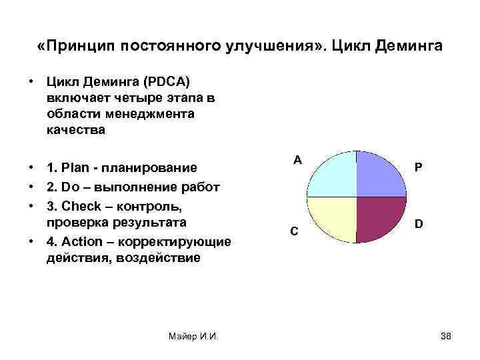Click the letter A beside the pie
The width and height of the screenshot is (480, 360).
point(297,160)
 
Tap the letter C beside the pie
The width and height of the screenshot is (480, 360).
point(294,231)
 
